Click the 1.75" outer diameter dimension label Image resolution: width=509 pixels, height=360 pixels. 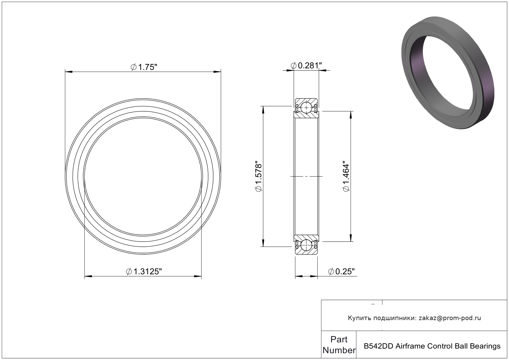[144, 67]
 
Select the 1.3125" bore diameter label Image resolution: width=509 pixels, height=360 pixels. [144, 271]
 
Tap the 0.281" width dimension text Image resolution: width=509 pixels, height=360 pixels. [306, 66]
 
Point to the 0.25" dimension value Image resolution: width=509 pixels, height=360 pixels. [341, 271]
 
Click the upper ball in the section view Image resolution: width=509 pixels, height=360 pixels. [306, 108]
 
